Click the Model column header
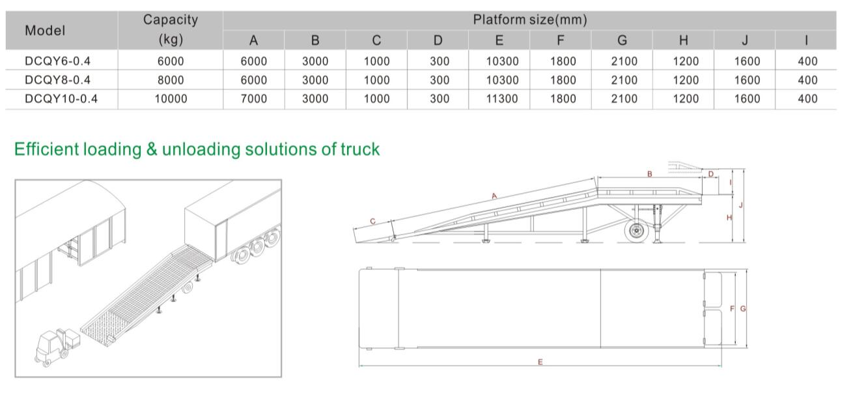click(x=45, y=31)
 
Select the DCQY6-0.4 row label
click(x=58, y=61)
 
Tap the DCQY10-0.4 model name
click(x=61, y=99)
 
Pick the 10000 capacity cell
click(x=171, y=99)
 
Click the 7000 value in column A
click(x=254, y=99)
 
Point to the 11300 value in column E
click(x=502, y=99)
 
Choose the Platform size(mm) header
click(x=530, y=20)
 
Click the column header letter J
click(x=745, y=40)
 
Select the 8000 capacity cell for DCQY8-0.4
click(x=171, y=80)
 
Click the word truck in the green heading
click(x=360, y=149)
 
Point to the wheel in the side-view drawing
click(x=636, y=230)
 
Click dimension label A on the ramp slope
click(x=494, y=196)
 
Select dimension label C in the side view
click(x=373, y=221)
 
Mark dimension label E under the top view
click(x=540, y=362)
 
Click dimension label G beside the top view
click(x=743, y=308)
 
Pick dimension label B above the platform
click(x=650, y=174)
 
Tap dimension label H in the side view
click(x=729, y=218)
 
